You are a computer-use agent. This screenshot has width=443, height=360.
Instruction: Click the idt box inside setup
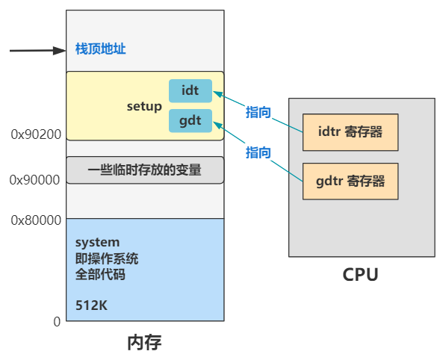coord(190,90)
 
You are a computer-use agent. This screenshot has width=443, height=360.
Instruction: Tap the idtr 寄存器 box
coord(350,132)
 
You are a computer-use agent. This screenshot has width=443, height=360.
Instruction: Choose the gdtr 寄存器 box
coord(350,181)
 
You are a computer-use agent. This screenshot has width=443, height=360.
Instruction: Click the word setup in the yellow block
coord(144,106)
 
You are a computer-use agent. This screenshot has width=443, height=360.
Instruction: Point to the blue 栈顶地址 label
coord(101,49)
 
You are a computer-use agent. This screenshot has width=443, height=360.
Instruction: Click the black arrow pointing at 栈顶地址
coord(37,51)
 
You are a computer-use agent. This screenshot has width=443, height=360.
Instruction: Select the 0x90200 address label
coord(36,134)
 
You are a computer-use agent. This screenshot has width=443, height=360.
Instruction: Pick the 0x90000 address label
coord(36,179)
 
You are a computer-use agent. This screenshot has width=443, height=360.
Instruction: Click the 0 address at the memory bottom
coord(57,321)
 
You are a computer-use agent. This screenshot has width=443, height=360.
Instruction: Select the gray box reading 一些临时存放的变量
coord(145,170)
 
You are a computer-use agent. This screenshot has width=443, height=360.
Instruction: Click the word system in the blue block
coord(97,243)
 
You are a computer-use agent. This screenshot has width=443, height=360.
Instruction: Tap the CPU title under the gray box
coord(360,275)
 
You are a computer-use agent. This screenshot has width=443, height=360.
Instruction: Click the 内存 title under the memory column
coord(144,343)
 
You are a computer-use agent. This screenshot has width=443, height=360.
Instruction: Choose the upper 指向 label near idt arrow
coord(258,112)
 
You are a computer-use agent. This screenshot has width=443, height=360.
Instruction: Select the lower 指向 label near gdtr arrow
coord(258,152)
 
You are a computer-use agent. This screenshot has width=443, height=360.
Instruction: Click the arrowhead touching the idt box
coord(217,93)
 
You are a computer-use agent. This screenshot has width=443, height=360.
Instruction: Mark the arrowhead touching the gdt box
coord(217,122)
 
